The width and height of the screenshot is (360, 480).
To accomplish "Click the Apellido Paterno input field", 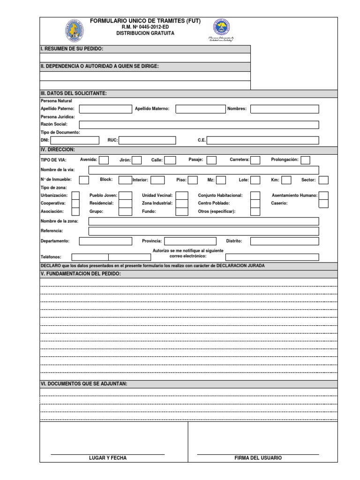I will coord(105,109).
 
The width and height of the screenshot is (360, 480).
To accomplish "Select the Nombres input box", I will coord(284,109).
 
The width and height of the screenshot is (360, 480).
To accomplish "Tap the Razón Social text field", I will coord(199,125).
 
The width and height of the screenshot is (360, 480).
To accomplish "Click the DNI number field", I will coord(75,140).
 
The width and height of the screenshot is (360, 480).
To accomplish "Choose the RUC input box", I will coord(147,140).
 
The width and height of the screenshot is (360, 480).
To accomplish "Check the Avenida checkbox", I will coord(104,160).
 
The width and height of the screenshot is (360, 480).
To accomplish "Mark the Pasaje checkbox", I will coord(211,160).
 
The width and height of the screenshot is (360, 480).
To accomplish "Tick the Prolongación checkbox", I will coord(305,160).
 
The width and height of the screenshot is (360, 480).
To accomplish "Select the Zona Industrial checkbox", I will coord(182,203).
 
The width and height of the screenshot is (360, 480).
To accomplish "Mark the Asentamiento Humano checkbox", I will coord(323,195).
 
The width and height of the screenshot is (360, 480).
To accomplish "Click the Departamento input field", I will coord(105,241).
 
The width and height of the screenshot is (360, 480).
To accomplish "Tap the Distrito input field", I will coord(284,241).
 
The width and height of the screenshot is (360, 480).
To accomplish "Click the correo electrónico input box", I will coord(272,257).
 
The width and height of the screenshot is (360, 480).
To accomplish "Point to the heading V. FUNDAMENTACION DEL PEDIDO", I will coord(81,273).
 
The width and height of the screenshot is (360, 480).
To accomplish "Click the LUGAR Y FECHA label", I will coord(108,458).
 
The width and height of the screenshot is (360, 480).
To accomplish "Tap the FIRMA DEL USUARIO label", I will coord(258,458).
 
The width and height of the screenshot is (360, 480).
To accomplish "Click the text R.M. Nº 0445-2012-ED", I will coord(145,28).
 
